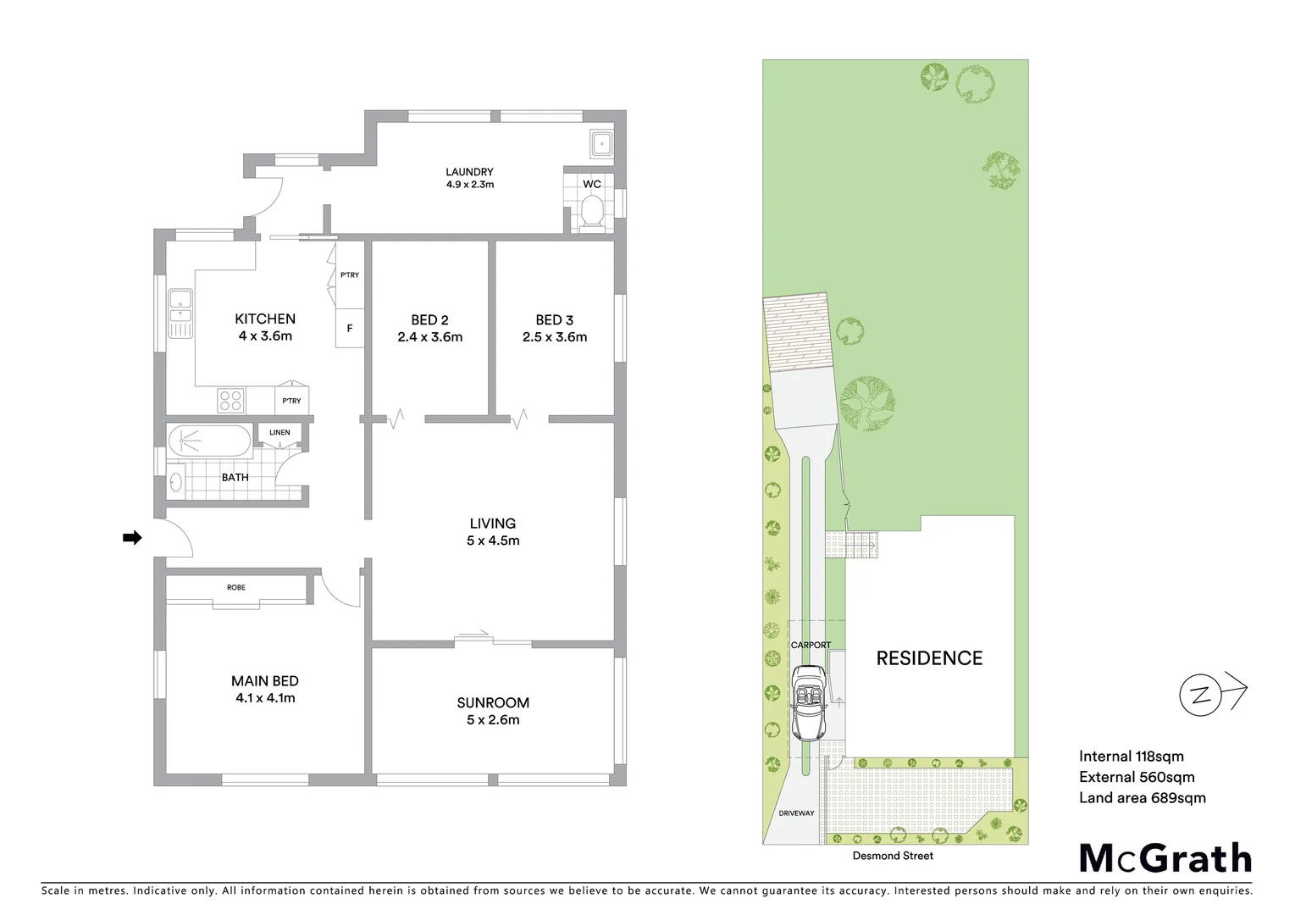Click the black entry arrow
132,537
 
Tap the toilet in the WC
592,211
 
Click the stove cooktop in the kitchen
231,400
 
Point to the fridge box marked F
350,328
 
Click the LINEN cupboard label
279,432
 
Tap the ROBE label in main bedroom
236,587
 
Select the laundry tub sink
601,143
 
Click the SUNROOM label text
493,702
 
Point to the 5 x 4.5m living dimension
493,541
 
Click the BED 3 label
554,319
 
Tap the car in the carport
807,701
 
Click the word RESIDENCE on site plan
929,658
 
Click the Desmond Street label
893,856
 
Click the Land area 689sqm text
1142,797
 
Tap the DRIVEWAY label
796,813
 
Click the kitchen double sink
180,313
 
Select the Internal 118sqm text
1131,757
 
